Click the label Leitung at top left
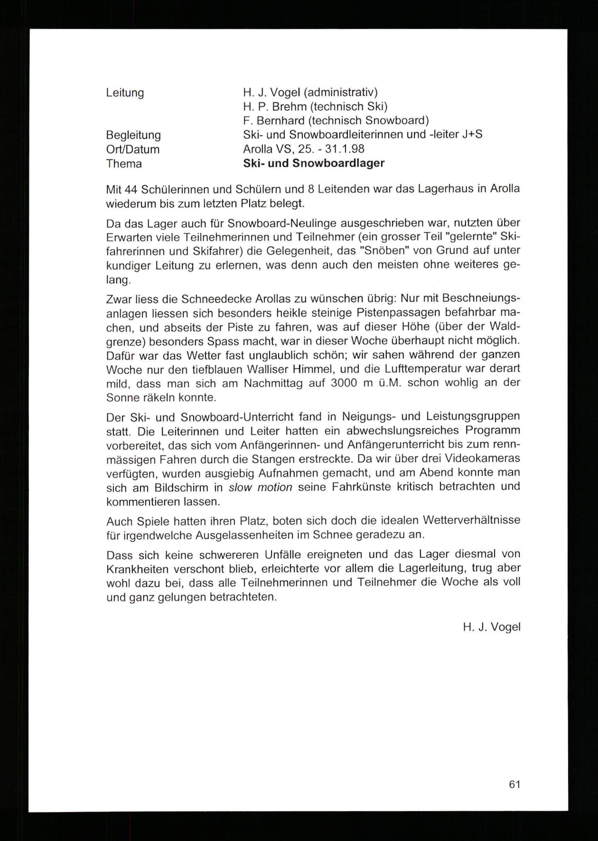pos(125,93)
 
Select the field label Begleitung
pos(133,135)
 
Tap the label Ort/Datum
pos(132,149)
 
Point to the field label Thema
pos(124,164)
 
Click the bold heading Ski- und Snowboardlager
pos(314,163)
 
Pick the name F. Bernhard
pos(274,121)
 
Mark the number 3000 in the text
pos(344,383)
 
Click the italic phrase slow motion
pos(260,487)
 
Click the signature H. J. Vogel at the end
pos(492,627)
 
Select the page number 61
pos(514,785)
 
